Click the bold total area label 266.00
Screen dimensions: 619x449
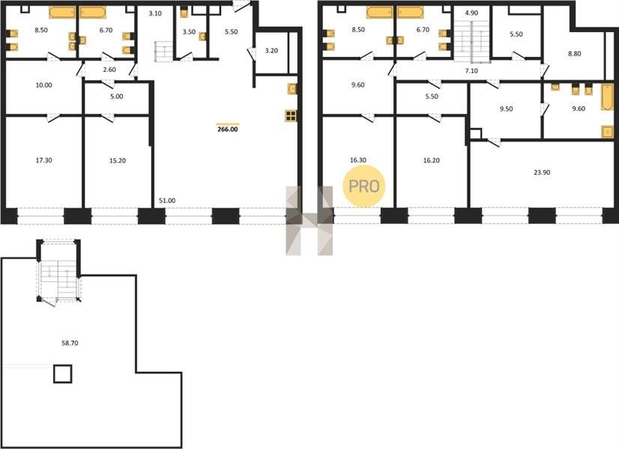228,129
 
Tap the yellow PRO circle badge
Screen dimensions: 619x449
363,186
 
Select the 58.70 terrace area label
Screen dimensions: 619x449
70,343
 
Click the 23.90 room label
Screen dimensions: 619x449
542,172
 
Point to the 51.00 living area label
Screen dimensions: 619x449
167,201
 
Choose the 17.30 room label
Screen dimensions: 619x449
43,160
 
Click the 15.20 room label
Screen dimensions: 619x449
117,161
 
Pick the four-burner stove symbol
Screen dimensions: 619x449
291,116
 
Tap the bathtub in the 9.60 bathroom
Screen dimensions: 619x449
607,97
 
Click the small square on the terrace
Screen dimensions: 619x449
63,373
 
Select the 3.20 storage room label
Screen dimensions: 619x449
271,51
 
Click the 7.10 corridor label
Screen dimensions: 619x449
471,71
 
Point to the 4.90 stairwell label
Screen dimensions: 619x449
471,13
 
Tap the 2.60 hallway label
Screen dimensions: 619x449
109,70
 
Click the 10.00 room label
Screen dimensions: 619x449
43,85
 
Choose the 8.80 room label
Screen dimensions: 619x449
574,54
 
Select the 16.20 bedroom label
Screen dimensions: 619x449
431,160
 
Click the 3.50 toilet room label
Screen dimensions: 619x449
189,32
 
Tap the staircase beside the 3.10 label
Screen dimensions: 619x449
163,51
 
